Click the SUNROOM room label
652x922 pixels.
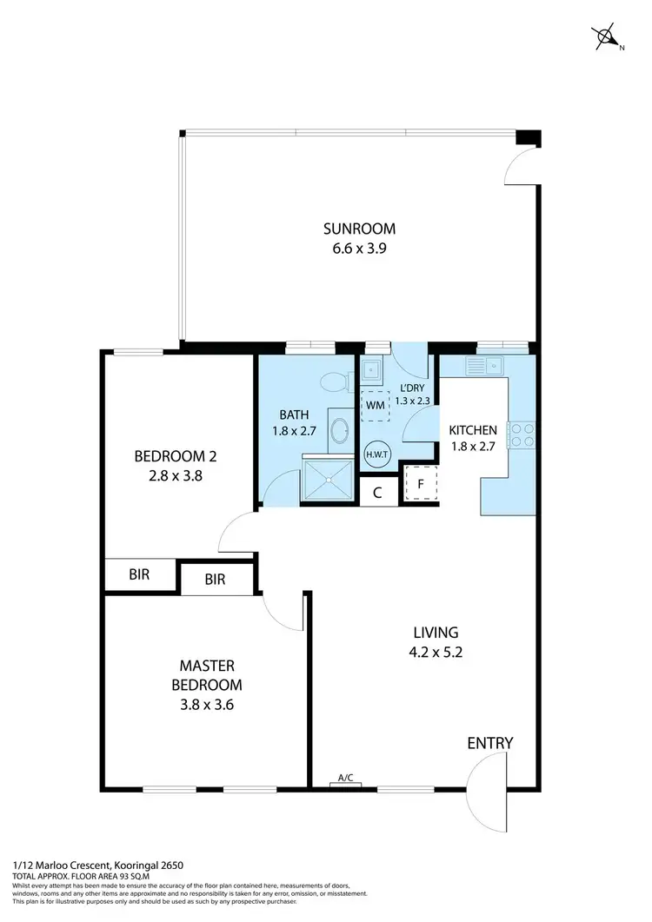(359, 229)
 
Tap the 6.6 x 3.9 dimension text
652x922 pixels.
(359, 248)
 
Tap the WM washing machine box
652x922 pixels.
(376, 405)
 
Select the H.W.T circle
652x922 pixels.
(376, 454)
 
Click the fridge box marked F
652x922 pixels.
(422, 485)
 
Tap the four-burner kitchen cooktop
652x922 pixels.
(522, 434)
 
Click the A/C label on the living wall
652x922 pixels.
(345, 779)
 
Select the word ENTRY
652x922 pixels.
(490, 743)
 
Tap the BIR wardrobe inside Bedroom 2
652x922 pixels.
(139, 574)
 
